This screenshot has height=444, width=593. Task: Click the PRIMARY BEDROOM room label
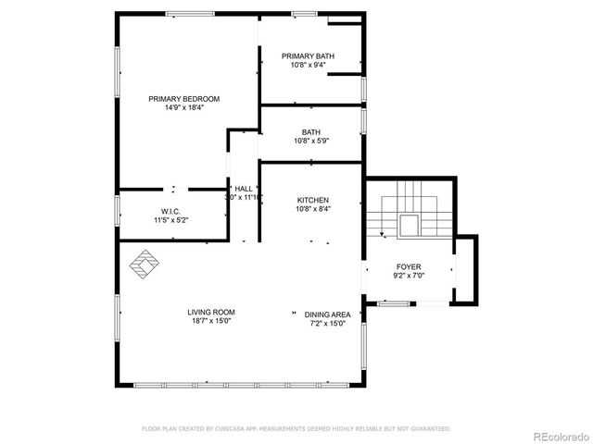tap(183, 99)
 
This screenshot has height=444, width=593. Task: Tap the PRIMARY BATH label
tap(308, 56)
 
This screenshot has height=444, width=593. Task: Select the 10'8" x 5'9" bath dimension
tap(311, 141)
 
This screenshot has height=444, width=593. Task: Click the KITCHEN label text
tap(312, 201)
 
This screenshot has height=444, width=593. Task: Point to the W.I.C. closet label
tap(170, 211)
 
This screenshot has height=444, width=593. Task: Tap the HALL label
tap(244, 188)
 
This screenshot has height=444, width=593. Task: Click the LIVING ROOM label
tap(210, 313)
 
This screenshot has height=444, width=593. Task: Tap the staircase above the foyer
tap(409, 208)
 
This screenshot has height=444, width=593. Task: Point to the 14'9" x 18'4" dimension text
tap(183, 108)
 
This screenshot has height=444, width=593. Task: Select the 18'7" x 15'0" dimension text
tap(210, 322)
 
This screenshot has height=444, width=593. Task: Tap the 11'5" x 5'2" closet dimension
tap(170, 220)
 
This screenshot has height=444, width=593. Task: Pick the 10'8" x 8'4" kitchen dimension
tap(312, 209)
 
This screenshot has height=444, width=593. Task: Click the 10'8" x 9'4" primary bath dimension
tap(308, 65)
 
